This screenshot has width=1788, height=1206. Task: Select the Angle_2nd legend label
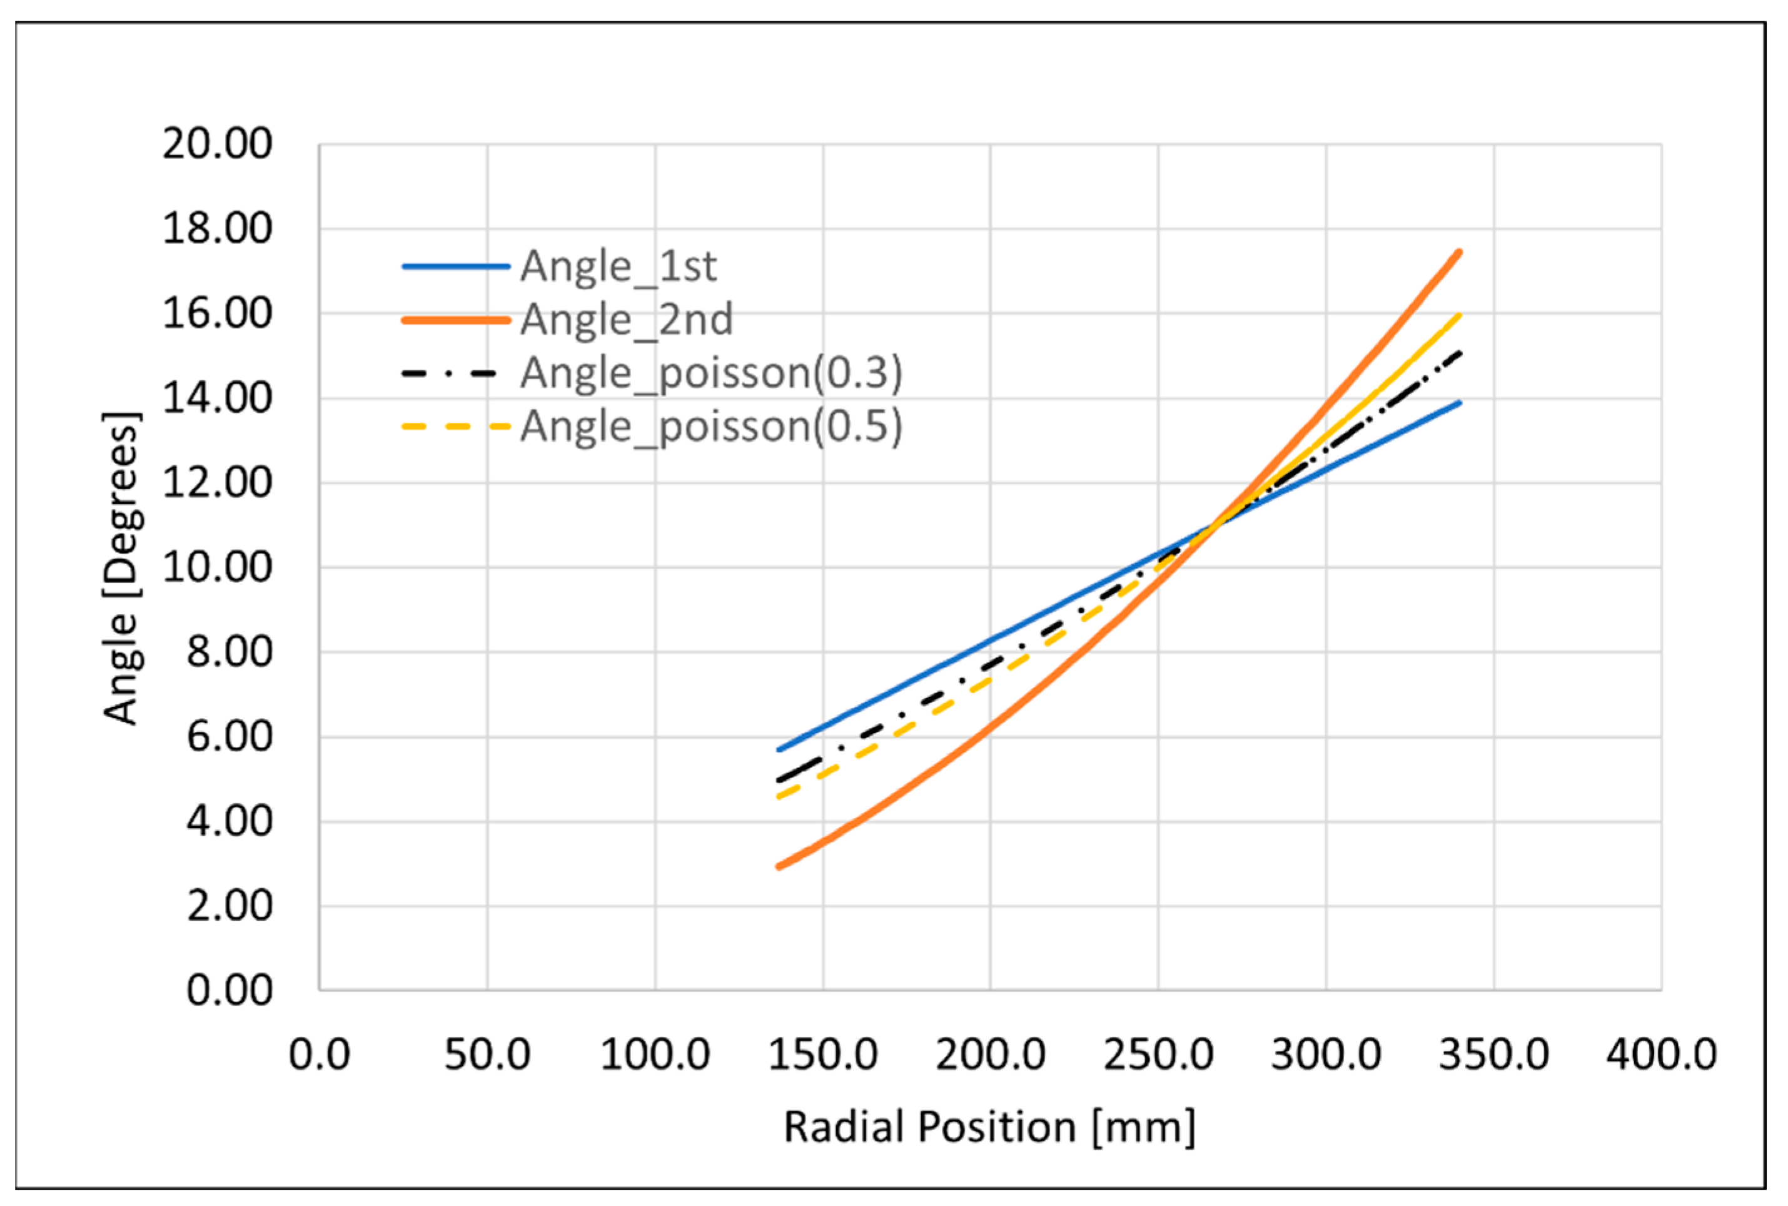[626, 320]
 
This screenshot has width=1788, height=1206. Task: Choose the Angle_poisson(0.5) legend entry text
[710, 426]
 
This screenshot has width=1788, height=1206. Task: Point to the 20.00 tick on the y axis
[217, 144]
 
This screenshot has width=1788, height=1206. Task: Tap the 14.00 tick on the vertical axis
[217, 398]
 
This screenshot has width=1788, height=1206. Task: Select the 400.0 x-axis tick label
[1661, 1054]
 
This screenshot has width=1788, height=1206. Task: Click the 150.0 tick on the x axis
[823, 1054]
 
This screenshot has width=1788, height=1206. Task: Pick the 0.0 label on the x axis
[319, 1054]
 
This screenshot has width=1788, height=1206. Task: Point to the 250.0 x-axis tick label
[1158, 1054]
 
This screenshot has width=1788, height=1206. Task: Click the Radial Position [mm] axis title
[989, 1128]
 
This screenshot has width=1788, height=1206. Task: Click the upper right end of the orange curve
[1459, 252]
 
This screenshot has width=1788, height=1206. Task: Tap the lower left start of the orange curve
[779, 867]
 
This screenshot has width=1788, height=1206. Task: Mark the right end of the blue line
[1459, 402]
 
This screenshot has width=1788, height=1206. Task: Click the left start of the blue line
[779, 749]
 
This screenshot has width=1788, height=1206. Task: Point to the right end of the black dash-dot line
[1459, 352]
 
